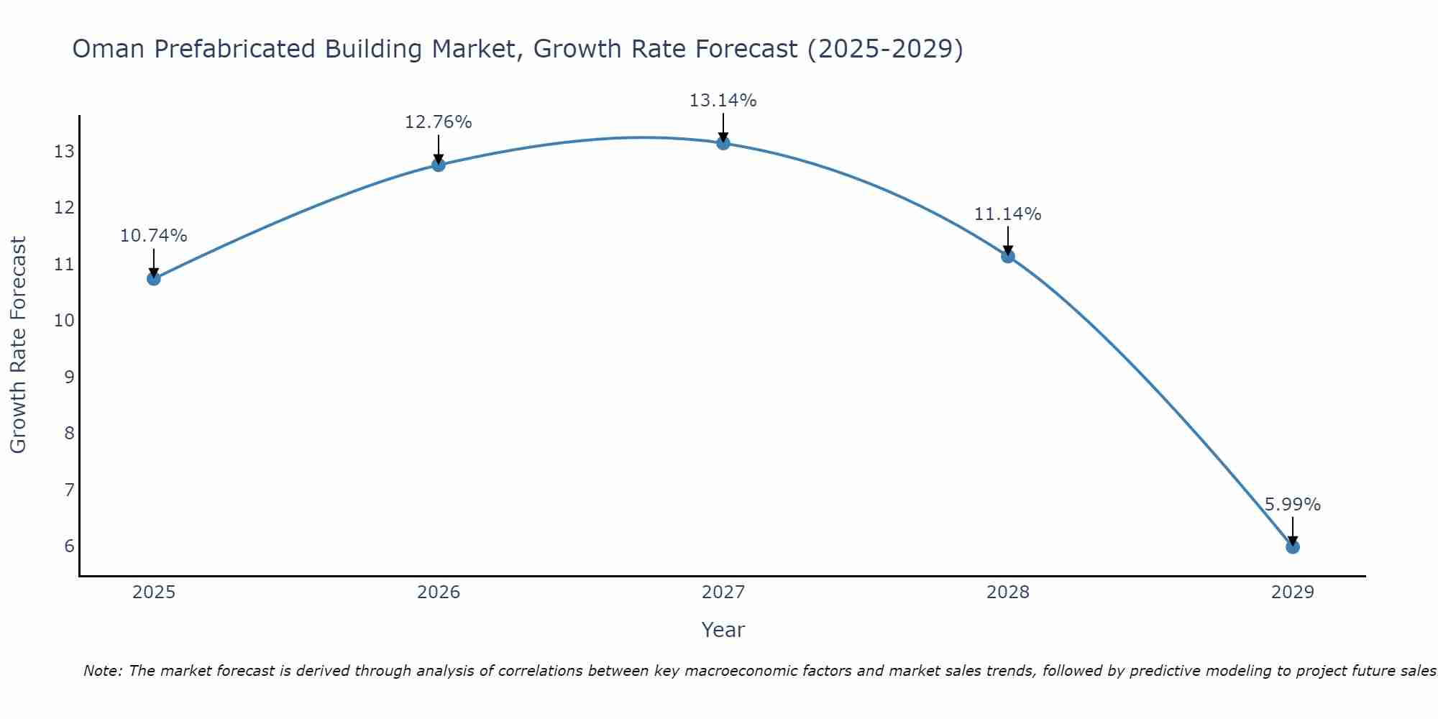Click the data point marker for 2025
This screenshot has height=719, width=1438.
pos(154,278)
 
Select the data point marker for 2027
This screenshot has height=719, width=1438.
pos(723,143)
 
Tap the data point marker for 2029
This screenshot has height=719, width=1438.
pos(1293,547)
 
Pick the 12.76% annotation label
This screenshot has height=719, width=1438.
pos(438,122)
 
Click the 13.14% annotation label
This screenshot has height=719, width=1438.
pos(723,101)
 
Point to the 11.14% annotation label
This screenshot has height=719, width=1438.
pos(1007,214)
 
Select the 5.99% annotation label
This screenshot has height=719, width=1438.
pos(1292,505)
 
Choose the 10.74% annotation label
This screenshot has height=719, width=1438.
pos(153,236)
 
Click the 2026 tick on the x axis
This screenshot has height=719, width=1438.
pos(439,592)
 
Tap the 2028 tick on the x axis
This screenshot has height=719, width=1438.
pos(1008,592)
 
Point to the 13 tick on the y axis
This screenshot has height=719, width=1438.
pos(64,152)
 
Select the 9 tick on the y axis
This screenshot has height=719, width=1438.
pos(69,377)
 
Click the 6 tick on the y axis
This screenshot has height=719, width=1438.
pos(69,546)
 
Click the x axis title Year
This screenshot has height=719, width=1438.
pos(723,630)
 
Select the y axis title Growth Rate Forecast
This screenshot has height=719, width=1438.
pos(18,345)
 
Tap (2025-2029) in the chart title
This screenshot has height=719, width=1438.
pos(885,49)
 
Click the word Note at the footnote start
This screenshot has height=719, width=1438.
pos(103,671)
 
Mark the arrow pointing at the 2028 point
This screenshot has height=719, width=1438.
pos(1008,240)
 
